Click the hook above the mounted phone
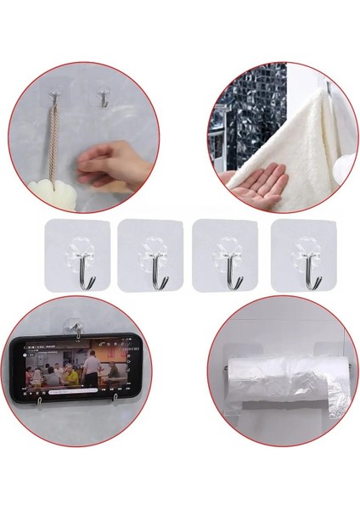[x=76, y=327]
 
